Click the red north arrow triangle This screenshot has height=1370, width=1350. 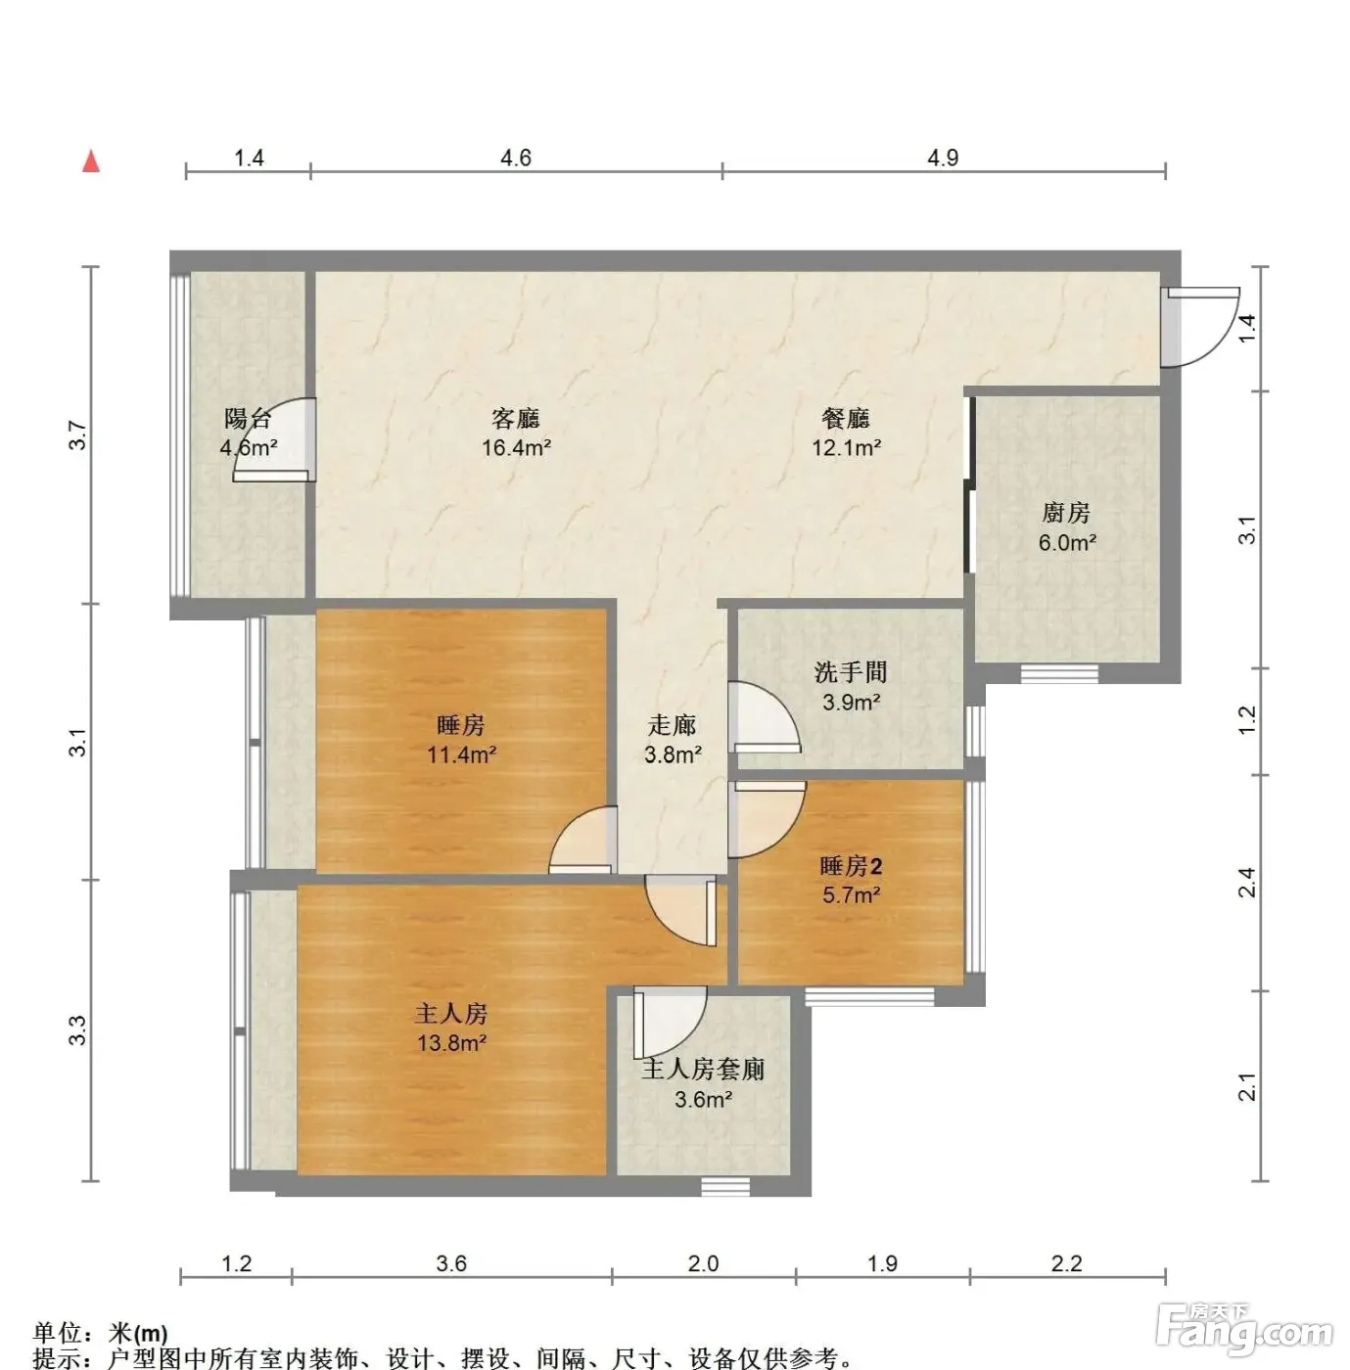(x=91, y=161)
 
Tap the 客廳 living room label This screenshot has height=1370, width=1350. (x=516, y=418)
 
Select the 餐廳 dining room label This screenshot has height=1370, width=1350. (x=846, y=418)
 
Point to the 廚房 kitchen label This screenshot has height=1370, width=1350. (x=1066, y=513)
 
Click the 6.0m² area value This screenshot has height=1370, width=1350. (x=1067, y=543)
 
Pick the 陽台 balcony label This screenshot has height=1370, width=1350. (x=248, y=418)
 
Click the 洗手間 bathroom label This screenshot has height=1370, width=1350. (x=851, y=672)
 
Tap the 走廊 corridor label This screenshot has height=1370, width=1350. (x=673, y=725)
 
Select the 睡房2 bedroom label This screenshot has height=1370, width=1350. (x=851, y=866)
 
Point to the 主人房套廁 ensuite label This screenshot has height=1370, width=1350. (x=703, y=1070)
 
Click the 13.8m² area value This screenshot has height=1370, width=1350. (x=451, y=1044)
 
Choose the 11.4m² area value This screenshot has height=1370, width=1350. (x=462, y=754)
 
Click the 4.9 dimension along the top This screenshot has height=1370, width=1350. (x=943, y=158)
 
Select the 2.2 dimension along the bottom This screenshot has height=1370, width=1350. (x=1067, y=1263)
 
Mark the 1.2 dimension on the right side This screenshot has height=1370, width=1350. (x=1247, y=720)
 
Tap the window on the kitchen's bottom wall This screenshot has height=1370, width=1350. (x=1059, y=673)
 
